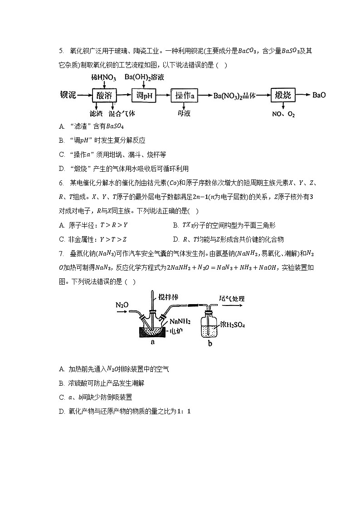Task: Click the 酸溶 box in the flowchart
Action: point(104,96)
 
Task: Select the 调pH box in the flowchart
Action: point(144,96)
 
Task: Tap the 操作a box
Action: point(185,96)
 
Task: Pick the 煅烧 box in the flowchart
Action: point(285,96)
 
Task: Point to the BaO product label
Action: point(319,96)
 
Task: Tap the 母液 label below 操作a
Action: point(184,114)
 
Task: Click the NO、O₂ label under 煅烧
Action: point(284,114)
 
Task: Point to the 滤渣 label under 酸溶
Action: point(96,114)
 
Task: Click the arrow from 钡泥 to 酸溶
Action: point(84,96)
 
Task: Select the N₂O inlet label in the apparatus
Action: point(122,305)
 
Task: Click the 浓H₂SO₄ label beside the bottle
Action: point(233,325)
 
